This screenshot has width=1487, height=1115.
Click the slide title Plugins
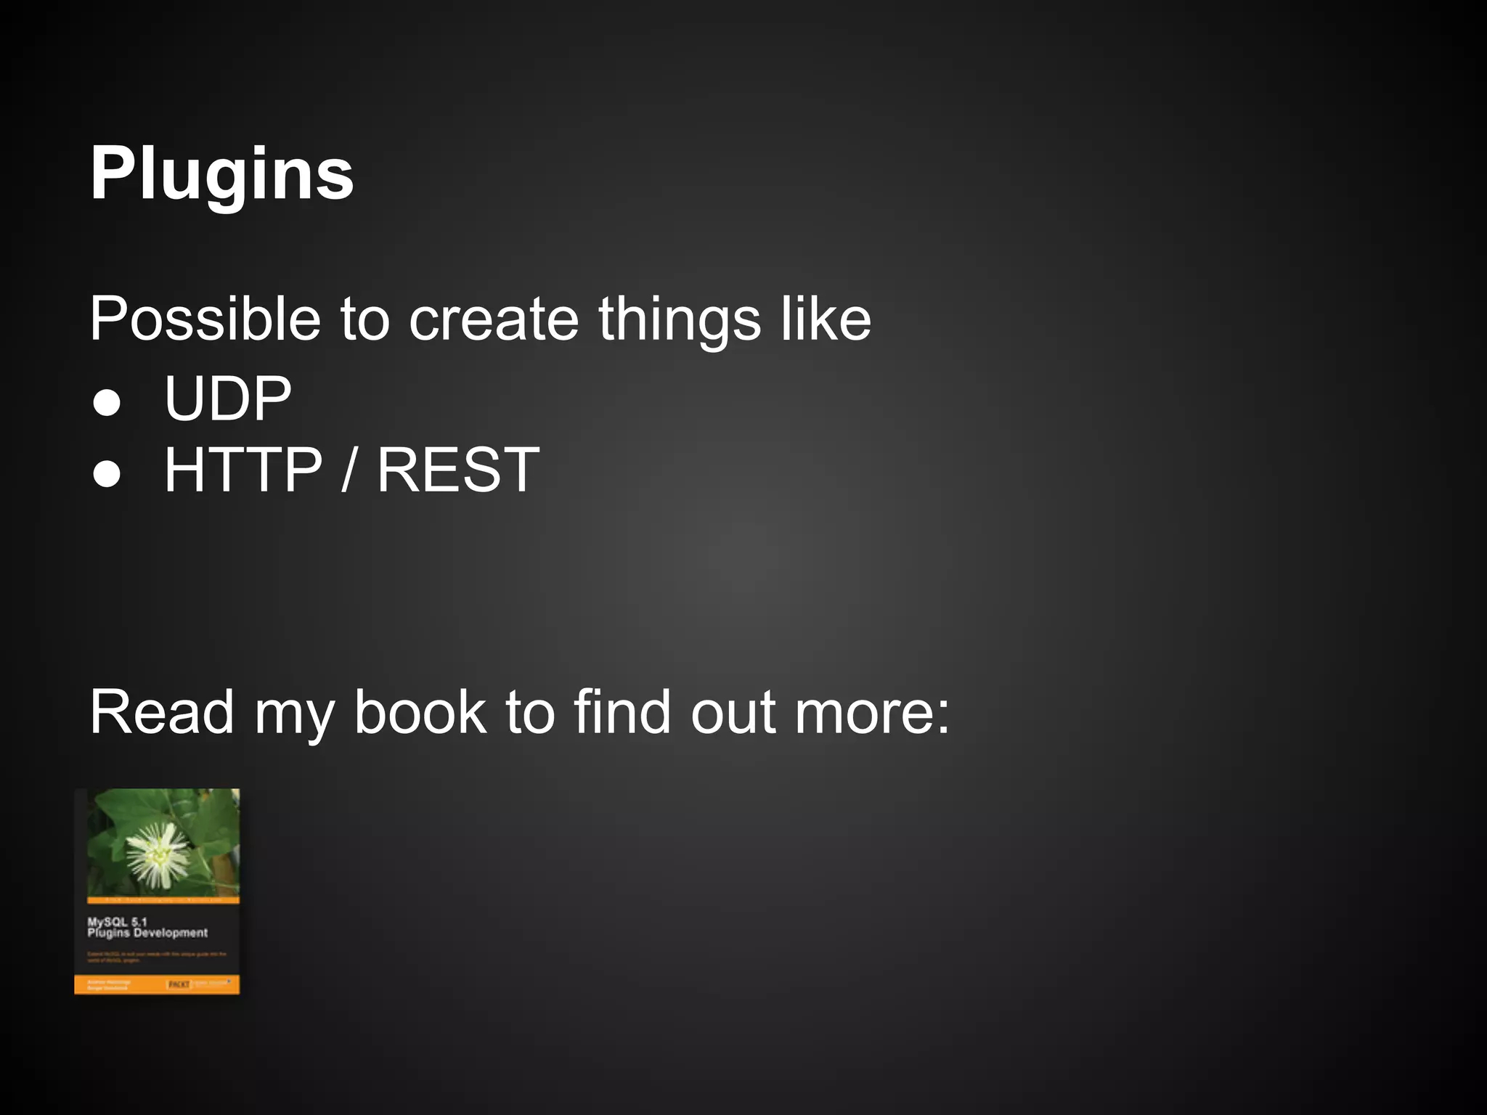coord(221,174)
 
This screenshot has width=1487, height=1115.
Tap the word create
coord(493,319)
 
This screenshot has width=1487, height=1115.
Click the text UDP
coord(227,399)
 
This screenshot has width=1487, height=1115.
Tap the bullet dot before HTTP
coord(107,475)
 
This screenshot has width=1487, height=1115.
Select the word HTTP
coord(243,470)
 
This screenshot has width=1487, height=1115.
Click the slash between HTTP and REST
coord(349,470)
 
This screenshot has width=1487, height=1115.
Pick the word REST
coord(458,470)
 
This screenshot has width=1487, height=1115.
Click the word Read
coord(161,713)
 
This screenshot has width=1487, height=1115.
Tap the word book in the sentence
coord(420,713)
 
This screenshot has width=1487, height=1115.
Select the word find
coord(622,713)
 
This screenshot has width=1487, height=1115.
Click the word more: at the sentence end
coord(871,713)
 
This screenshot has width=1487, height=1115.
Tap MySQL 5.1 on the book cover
coord(117,922)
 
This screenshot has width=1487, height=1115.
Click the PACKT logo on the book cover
coord(179,984)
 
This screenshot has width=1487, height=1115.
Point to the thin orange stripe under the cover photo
coord(163,900)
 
